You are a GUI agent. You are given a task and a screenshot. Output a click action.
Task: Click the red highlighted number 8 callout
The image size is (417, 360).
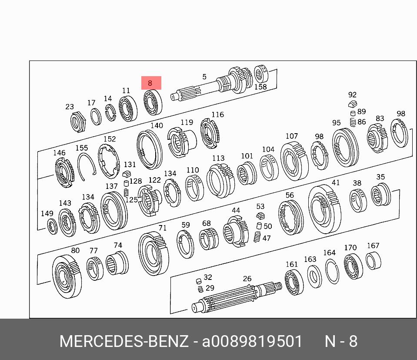coord(151,83)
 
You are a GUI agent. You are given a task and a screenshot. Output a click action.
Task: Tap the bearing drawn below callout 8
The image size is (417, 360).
coord(153,102)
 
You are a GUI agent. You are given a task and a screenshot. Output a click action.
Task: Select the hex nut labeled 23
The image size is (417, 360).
coord(78,122)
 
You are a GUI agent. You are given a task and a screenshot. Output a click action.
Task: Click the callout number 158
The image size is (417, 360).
coord(260,87)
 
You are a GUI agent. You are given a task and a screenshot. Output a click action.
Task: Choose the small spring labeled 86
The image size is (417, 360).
coord(353,122)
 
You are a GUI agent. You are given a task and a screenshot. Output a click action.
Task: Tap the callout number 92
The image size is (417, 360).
coord(352,94)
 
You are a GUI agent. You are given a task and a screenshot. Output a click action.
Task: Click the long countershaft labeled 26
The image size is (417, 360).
coord(236,297)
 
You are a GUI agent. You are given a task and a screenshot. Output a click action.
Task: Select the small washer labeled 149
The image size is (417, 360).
coord(52,227)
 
